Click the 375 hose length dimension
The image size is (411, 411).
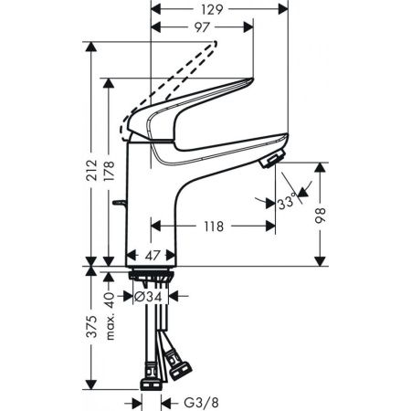pyautogui.click(x=92, y=329)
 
